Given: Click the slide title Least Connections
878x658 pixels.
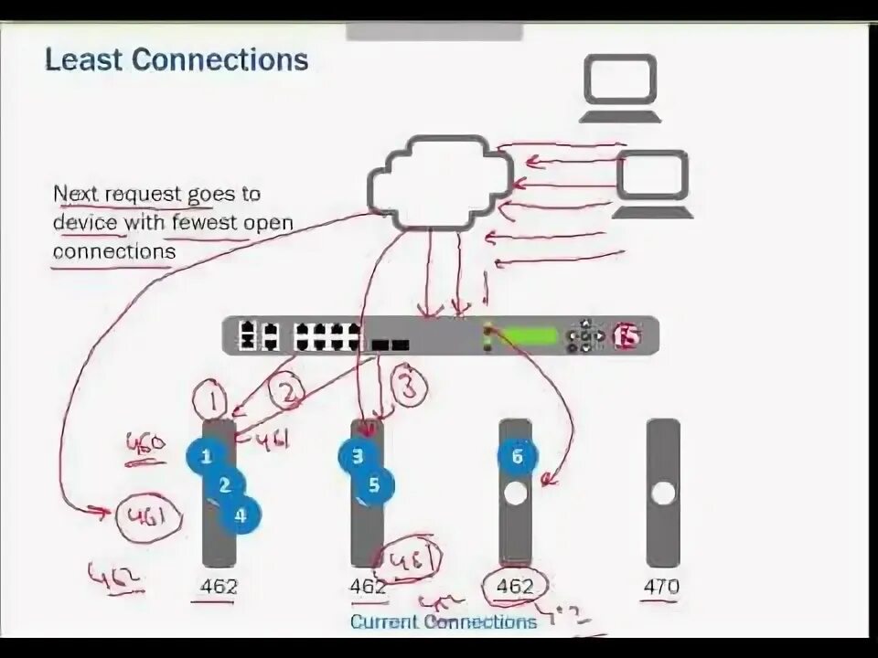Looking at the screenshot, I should tap(177, 61).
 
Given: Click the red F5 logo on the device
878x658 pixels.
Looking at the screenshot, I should tap(626, 336).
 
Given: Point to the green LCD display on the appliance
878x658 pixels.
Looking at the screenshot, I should tap(530, 335).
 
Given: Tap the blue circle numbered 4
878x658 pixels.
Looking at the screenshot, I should tap(241, 515).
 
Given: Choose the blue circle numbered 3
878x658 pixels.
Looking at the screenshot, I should tap(358, 456).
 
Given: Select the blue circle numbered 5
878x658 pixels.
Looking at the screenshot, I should tap(374, 485).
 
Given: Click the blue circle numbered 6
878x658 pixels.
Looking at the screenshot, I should tap(517, 457).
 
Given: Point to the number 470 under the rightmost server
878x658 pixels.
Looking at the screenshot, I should tap(661, 586).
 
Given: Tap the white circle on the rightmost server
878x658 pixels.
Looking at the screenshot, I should tap(663, 493).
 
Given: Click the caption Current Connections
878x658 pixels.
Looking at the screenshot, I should tap(444, 622).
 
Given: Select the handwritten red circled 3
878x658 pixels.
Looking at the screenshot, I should tap(410, 386).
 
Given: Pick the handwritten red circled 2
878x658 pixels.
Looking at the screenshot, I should tap(288, 394).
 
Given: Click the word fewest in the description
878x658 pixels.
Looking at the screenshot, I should tap(210, 222).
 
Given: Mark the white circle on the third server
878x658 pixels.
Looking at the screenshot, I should tap(516, 494).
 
